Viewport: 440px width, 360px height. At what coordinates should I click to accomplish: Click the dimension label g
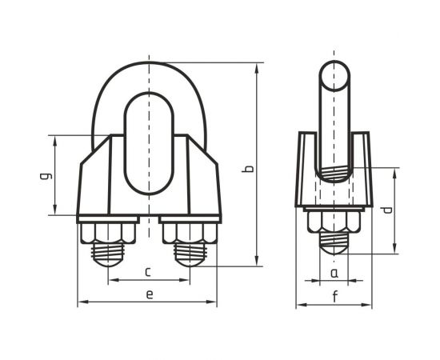point(45,175)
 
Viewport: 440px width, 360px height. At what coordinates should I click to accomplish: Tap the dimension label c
point(148,272)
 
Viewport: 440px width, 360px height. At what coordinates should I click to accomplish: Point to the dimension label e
point(149,294)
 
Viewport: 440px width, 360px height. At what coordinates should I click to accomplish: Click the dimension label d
point(386,210)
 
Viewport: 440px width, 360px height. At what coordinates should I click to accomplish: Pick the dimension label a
point(334,273)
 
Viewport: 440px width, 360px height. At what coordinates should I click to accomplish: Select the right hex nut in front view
point(190,233)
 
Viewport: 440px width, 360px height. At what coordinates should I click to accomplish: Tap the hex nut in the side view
point(334,222)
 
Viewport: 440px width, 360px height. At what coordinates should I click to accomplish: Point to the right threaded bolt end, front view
point(190,254)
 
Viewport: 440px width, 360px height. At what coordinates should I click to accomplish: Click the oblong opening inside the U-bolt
point(149,143)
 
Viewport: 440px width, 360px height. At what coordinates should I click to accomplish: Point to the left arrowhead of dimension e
point(81,303)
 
